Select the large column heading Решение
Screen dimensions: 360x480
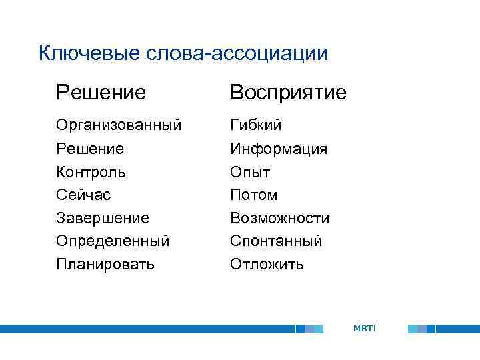(101, 92)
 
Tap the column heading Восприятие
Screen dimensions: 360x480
(288, 92)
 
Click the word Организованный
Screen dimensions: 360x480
(119, 125)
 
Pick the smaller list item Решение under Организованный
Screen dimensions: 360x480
(90, 148)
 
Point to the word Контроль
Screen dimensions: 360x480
(91, 171)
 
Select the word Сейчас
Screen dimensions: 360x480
(83, 195)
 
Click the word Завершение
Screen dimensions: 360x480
(103, 218)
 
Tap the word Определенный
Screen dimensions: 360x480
(113, 241)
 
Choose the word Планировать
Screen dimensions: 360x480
(105, 264)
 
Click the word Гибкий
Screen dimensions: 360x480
(256, 125)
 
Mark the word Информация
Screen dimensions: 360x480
(279, 148)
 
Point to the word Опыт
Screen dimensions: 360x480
(250, 171)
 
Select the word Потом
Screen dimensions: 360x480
(253, 195)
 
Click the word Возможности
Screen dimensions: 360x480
(280, 218)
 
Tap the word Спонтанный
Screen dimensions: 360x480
(276, 241)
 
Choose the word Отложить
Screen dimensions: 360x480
(267, 264)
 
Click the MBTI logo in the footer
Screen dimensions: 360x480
(365, 328)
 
